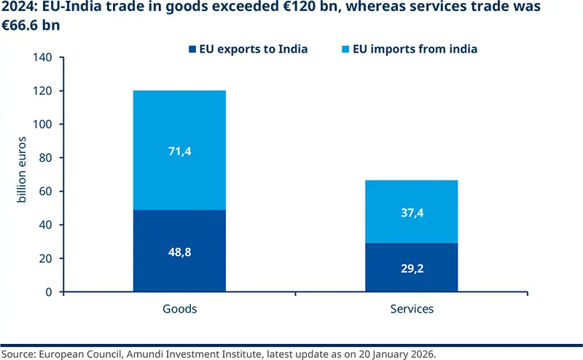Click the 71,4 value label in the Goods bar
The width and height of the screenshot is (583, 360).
179,151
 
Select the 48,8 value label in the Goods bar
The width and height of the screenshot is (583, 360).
179,251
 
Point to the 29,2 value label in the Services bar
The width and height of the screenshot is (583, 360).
412,268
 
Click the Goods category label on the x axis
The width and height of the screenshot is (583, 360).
179,309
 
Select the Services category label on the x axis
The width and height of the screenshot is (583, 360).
412,309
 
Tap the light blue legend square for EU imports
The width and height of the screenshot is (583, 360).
346,50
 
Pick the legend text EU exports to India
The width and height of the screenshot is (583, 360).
254,50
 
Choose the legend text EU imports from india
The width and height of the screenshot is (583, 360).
415,50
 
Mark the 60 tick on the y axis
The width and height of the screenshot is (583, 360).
47,192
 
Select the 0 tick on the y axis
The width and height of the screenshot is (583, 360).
50,292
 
